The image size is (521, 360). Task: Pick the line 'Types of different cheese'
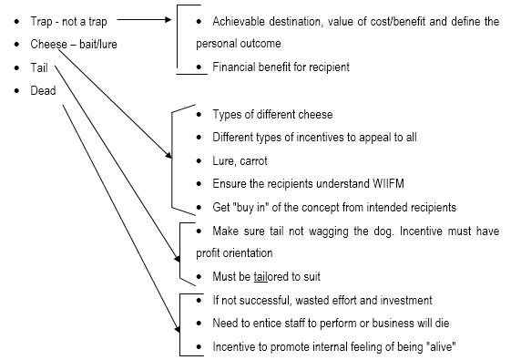[x=272, y=114]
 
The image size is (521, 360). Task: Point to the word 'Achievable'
[x=239, y=20]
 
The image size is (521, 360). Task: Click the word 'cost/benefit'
[x=391, y=20]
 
